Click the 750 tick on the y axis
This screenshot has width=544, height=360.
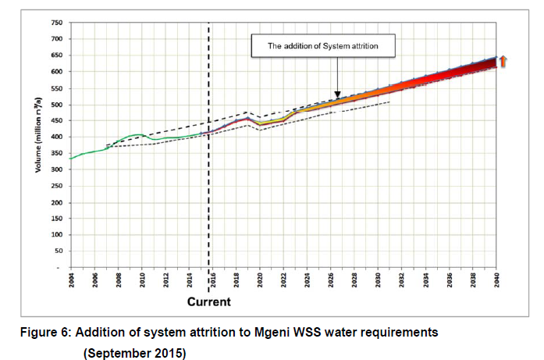57,23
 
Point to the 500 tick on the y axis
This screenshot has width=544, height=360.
57,105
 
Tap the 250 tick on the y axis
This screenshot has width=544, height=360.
57,187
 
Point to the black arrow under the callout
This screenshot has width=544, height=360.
336,77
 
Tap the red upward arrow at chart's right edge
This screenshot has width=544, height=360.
504,61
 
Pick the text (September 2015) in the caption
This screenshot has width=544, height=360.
134,352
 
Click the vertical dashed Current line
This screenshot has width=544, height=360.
208,156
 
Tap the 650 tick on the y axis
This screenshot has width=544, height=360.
57,55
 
